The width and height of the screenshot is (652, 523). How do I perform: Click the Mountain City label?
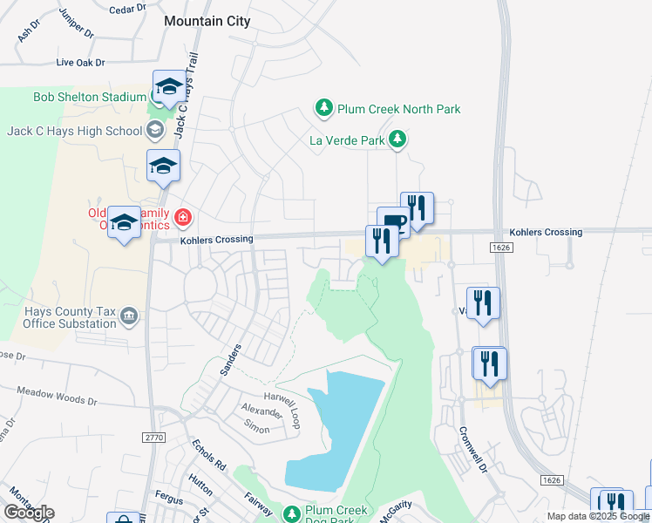tap(207, 21)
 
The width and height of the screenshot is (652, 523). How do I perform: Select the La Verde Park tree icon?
tap(397, 139)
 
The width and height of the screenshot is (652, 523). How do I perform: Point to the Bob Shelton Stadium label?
tap(90, 97)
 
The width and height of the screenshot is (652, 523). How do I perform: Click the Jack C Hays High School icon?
tap(155, 131)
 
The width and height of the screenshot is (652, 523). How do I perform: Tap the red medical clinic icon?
tap(183, 216)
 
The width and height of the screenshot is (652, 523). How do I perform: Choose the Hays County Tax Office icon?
tap(129, 315)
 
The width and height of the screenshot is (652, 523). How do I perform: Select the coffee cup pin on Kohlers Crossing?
tap(393, 222)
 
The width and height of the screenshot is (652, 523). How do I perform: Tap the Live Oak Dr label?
tap(80, 63)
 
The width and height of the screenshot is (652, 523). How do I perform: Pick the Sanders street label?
tap(231, 357)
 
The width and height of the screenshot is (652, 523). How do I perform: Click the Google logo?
tap(29, 513)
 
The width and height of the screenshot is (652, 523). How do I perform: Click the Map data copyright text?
tap(598, 516)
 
